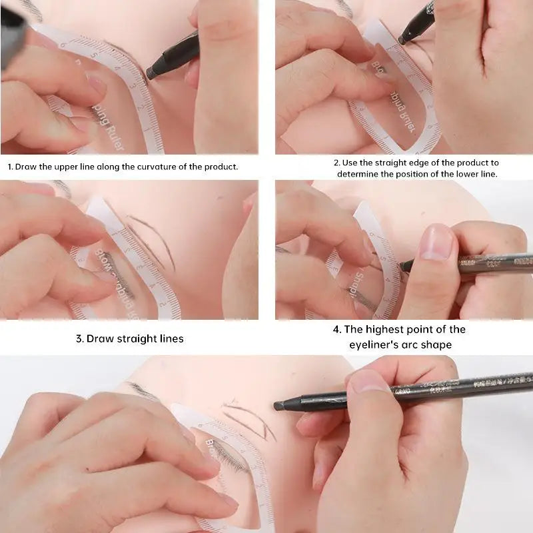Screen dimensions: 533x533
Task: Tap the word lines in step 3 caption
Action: (x=169, y=338)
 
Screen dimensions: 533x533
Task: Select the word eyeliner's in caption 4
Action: (x=376, y=344)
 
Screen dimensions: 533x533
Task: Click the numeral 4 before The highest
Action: (x=336, y=329)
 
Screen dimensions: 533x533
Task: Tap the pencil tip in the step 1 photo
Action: (x=151, y=73)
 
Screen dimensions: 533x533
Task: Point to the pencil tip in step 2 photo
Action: (x=402, y=40)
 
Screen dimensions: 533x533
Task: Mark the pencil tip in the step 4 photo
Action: (x=404, y=266)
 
